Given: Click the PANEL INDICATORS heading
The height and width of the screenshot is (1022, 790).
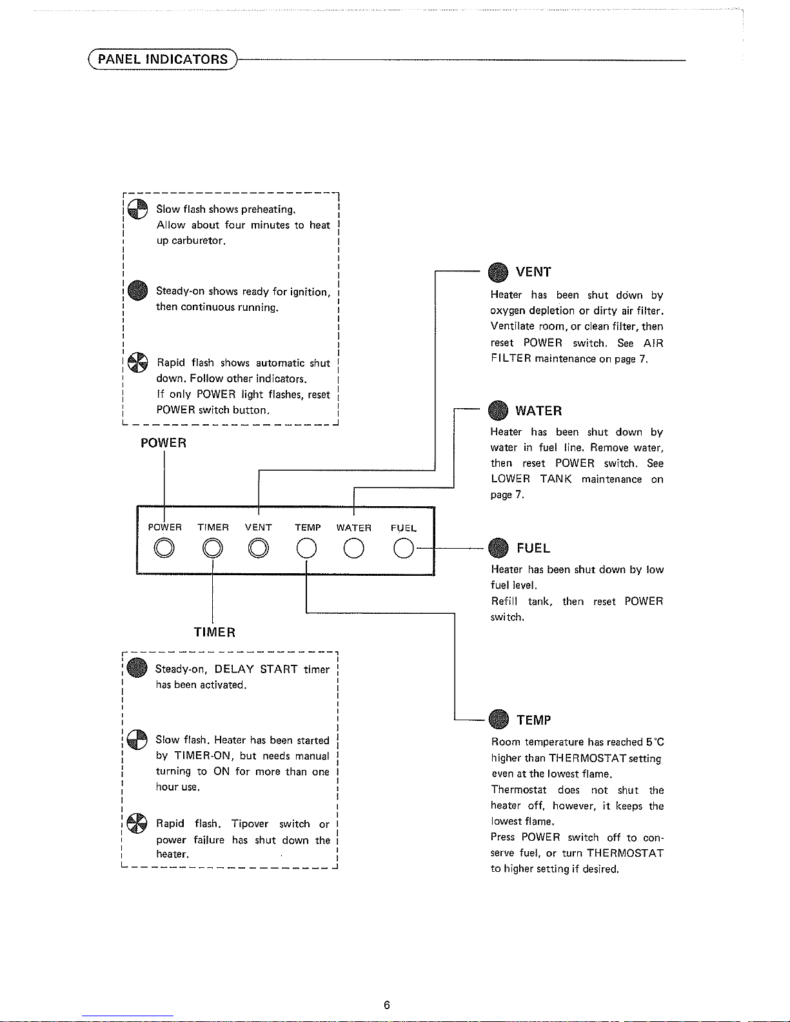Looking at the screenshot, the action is [x=163, y=59].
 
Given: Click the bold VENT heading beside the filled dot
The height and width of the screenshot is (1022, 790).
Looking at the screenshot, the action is [x=533, y=272].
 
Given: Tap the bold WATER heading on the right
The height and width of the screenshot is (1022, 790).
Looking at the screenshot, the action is [x=538, y=411].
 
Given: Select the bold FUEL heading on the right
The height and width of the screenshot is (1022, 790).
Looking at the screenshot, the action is [x=533, y=548].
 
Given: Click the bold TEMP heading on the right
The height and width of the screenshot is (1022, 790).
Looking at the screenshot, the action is [x=534, y=720].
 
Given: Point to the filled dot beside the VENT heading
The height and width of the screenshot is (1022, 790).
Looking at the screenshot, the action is [x=498, y=272].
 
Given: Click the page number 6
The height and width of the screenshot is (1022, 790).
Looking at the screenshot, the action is [x=386, y=1005].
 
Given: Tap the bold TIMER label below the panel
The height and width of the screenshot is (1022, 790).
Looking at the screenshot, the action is [x=214, y=632].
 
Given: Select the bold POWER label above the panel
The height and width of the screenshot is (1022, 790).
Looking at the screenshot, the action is [x=164, y=443].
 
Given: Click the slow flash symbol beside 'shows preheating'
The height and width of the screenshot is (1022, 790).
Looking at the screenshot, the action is [x=137, y=210].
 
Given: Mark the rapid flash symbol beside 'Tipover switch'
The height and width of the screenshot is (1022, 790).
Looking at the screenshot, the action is [x=137, y=823].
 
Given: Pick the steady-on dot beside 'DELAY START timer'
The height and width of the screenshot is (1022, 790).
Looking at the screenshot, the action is [x=137, y=667].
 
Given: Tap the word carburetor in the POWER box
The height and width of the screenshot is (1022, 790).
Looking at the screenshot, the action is [x=199, y=241].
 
